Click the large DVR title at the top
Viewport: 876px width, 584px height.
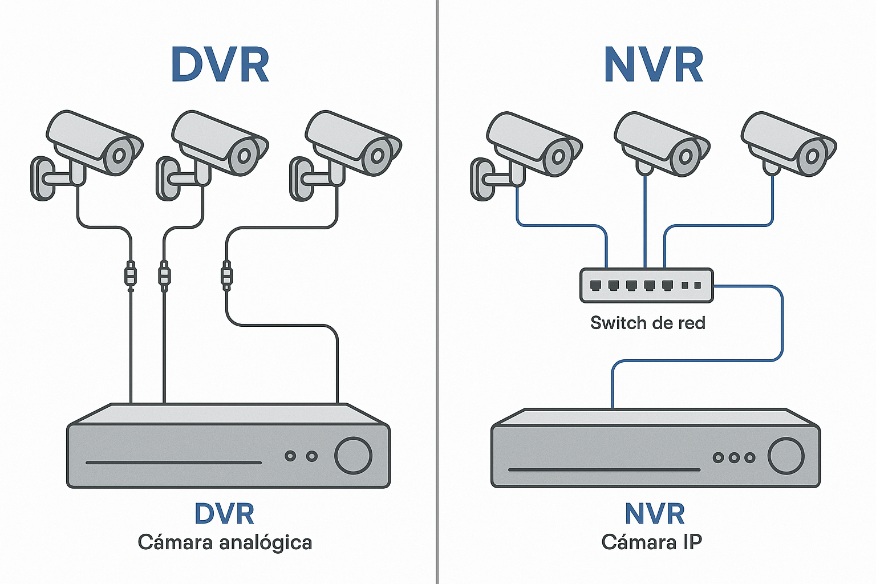[x=220, y=65]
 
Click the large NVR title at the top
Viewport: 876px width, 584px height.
[x=654, y=65]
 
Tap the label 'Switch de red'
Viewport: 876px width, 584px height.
[x=647, y=323]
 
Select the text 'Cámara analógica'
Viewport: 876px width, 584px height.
[x=225, y=542]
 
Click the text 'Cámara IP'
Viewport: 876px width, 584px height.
[x=651, y=542]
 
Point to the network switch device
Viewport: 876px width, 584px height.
[x=646, y=285]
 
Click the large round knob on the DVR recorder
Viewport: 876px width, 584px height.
[x=353, y=456]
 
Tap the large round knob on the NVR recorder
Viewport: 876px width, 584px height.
[x=786, y=456]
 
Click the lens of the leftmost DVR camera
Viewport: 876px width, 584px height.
[x=119, y=155]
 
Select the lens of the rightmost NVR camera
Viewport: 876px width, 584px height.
[x=812, y=156]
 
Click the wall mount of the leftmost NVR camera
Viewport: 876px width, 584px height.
[x=482, y=179]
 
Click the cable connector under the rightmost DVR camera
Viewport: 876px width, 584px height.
[x=226, y=275]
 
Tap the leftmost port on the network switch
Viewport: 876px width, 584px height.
[x=595, y=285]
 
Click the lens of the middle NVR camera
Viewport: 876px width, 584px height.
[x=686, y=156]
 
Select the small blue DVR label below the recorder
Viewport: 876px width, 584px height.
[x=224, y=514]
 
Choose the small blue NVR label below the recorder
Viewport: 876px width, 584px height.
[x=654, y=514]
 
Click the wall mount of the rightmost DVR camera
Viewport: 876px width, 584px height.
[x=302, y=179]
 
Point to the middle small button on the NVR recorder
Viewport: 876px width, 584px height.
[x=734, y=457]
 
